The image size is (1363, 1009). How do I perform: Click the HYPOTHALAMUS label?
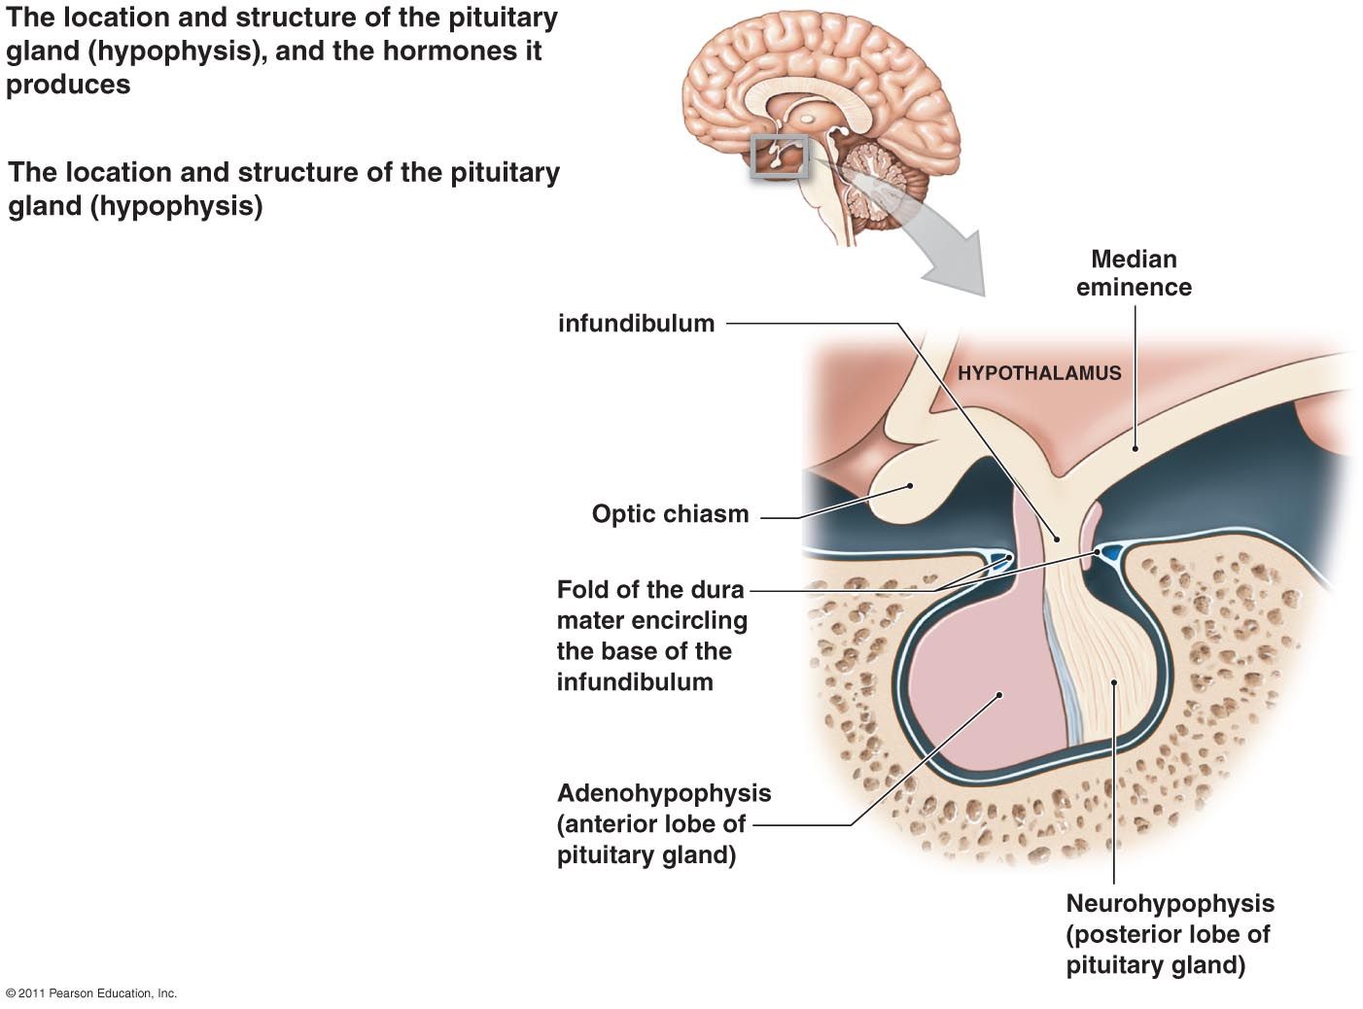pyautogui.click(x=1039, y=372)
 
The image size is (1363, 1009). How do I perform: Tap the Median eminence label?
pyautogui.click(x=1134, y=273)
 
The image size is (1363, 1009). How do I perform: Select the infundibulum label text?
pyautogui.click(x=636, y=324)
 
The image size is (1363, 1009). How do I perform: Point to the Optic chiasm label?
pyautogui.click(x=670, y=514)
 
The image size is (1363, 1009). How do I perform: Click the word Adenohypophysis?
pyautogui.click(x=664, y=793)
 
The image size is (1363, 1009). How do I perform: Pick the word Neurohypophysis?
pyautogui.click(x=1170, y=903)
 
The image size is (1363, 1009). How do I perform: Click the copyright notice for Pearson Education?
pyautogui.click(x=91, y=993)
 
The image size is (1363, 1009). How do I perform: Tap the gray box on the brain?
pyautogui.click(x=780, y=157)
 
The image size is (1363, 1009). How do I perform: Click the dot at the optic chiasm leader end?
pyautogui.click(x=910, y=484)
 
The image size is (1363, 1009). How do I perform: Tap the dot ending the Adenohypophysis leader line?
pyautogui.click(x=999, y=694)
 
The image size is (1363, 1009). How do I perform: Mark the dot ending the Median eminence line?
pyautogui.click(x=1135, y=449)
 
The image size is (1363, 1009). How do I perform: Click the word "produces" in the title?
pyautogui.click(x=68, y=85)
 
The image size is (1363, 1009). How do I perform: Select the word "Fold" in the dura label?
pyautogui.click(x=580, y=590)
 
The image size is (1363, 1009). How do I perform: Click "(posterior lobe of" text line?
pyautogui.click(x=1168, y=934)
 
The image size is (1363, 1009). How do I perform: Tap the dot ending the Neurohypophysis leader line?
pyautogui.click(x=1114, y=682)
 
